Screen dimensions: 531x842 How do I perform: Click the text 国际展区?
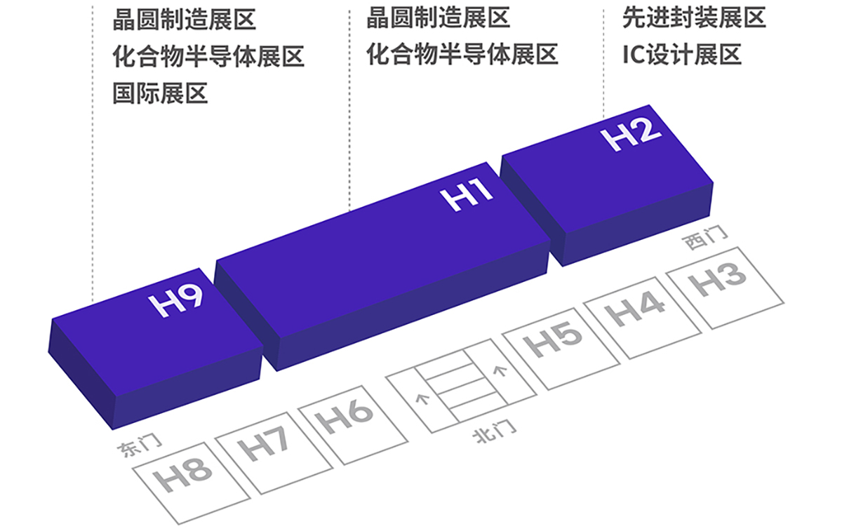[161, 93]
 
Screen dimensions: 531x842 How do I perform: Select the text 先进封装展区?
[694, 18]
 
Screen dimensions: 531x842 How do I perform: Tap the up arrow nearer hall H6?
[422, 399]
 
